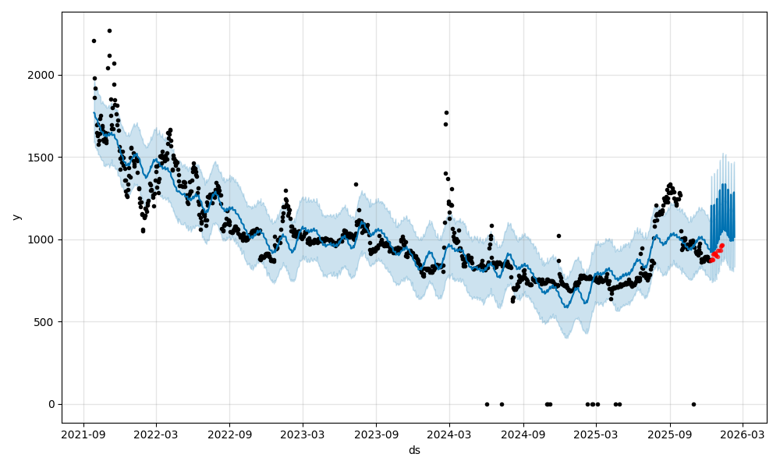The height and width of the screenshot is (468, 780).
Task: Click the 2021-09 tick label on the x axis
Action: click(83, 434)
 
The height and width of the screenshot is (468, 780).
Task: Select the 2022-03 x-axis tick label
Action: click(156, 434)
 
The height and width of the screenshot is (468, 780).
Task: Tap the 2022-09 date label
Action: click(230, 434)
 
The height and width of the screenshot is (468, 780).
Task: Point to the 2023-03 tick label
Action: click(303, 434)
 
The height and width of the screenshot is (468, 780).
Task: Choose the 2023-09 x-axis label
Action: click(376, 434)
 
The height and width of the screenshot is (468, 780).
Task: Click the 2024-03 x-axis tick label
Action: click(449, 434)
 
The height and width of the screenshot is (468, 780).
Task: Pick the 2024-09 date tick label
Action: click(523, 434)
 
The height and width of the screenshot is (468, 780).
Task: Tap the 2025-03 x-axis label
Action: click(596, 434)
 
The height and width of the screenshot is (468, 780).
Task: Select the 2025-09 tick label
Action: click(669, 434)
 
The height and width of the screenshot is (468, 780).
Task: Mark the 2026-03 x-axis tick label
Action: click(742, 434)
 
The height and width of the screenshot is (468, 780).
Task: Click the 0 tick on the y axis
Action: click(51, 404)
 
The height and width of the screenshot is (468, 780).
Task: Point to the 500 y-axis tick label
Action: click(46, 322)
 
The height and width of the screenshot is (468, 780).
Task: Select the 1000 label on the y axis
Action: click(43, 239)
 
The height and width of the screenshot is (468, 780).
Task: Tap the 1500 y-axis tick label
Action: click(43, 158)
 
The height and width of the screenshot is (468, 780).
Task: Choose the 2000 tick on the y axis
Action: click(43, 76)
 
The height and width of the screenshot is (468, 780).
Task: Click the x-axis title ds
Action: click(414, 451)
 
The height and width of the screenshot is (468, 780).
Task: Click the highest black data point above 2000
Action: click(109, 30)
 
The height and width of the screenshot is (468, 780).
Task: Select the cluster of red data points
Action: click(716, 253)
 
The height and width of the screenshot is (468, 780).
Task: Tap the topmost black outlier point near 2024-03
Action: click(446, 112)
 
